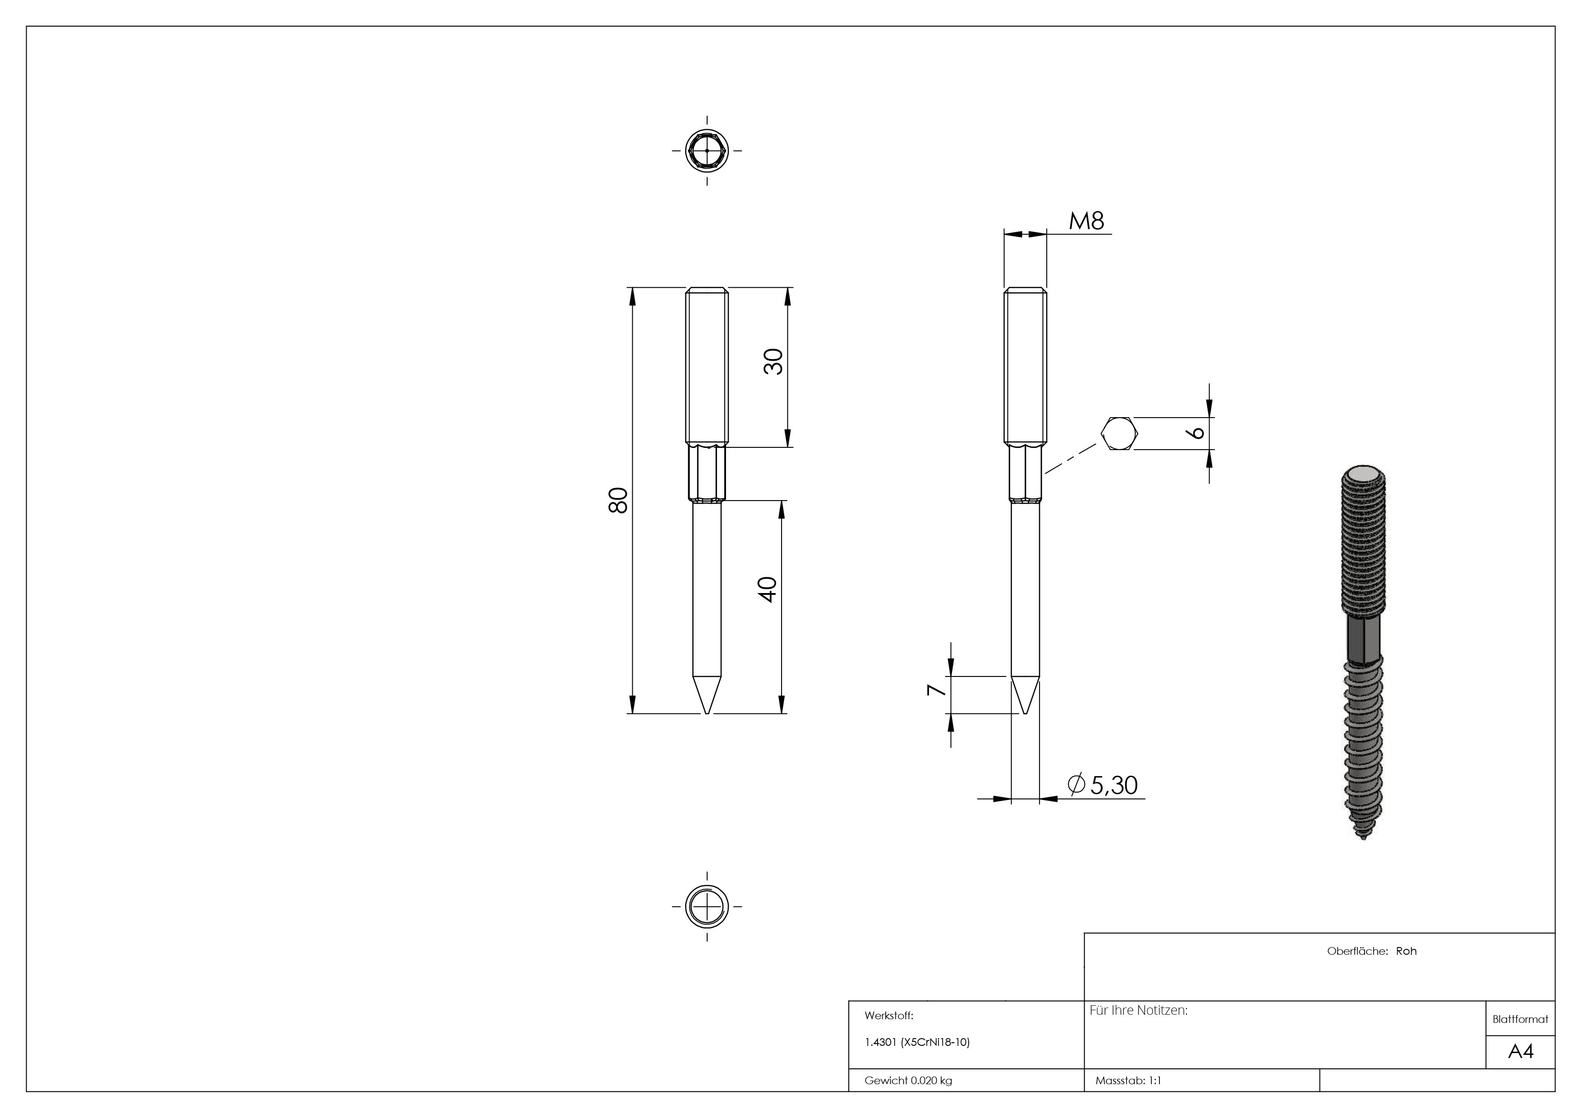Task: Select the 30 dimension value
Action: point(773,362)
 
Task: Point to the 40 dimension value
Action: point(767,589)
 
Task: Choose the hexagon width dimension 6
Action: point(1197,432)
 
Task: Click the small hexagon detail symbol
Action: point(1119,433)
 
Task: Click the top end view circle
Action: point(707,150)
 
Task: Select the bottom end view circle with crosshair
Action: point(707,906)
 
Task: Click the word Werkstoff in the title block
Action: point(888,1015)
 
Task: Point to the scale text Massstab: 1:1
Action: point(1127,1080)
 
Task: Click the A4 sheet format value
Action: point(1520,1051)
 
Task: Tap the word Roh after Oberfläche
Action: point(1406,951)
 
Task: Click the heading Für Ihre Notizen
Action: point(1138,1011)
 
